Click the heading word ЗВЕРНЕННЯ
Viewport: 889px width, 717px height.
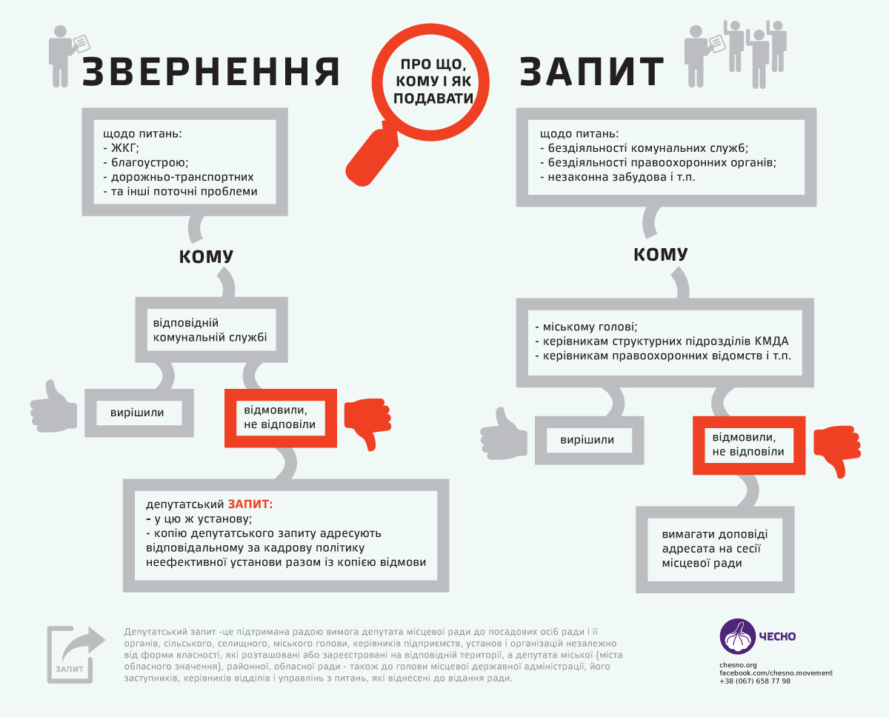[210, 72]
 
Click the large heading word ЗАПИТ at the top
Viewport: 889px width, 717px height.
[592, 72]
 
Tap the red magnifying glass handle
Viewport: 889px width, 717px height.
[370, 157]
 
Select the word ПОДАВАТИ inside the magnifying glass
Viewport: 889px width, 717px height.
[433, 99]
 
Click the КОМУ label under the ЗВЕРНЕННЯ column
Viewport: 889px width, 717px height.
[206, 256]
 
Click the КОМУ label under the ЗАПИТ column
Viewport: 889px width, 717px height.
[661, 254]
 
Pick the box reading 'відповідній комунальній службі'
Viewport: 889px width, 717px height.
[212, 330]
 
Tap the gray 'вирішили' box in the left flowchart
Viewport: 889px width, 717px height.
[139, 413]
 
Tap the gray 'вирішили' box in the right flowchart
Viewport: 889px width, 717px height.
[590, 440]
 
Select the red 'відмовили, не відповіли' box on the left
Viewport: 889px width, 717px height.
[281, 418]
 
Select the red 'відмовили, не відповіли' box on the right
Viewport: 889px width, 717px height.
[749, 445]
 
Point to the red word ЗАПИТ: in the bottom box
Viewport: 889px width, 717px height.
[250, 504]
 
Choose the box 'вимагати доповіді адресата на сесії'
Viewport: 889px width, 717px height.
[715, 550]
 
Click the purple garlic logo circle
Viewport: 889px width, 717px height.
[738, 636]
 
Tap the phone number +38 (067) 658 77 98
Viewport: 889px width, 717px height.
[755, 681]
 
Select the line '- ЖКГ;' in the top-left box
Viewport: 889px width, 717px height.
[121, 148]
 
